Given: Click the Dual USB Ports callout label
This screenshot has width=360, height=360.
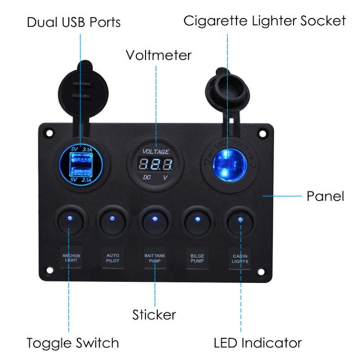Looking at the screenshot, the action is coord(74,22).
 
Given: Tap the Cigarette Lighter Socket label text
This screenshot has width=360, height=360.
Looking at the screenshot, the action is coord(265,21).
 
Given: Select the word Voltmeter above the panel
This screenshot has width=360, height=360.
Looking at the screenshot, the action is coord(159,55).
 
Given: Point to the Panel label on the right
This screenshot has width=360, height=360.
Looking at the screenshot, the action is coord(325,196).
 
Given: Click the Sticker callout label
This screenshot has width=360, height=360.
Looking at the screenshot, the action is coord(154,315).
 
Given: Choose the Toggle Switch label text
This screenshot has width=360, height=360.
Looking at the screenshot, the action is coord(73,343).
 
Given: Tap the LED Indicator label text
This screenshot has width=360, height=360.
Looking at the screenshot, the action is coord(258,343).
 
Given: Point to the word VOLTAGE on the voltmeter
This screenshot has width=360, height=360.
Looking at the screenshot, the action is coord(156,151).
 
